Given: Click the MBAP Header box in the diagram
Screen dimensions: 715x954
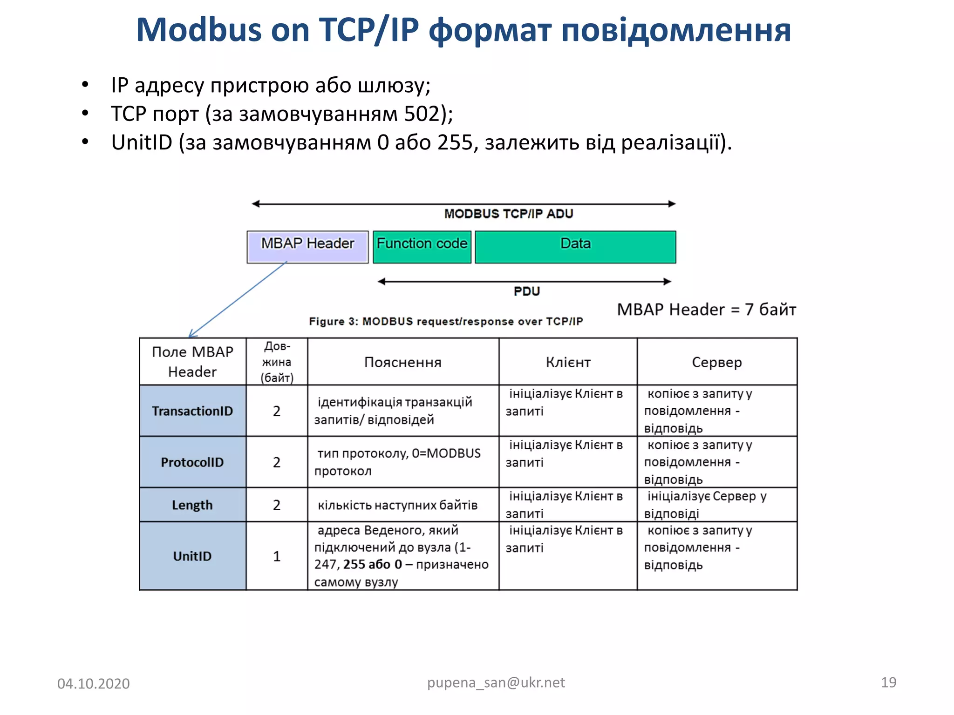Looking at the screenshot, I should pos(307,246).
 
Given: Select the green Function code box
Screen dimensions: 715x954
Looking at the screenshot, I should pos(422,246).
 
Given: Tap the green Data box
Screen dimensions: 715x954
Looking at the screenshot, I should pos(575,246).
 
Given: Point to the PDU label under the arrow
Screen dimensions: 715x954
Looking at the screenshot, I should pos(526,291).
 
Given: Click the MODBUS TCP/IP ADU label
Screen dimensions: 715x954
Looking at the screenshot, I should pos(508,214).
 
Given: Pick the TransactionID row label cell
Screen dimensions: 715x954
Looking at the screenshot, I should pos(192,411).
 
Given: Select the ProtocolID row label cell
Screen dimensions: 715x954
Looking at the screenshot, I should pos(192,462).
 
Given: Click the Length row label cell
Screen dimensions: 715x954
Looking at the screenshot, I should pos(192,505).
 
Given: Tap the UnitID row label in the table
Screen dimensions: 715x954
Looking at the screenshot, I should pos(192,556).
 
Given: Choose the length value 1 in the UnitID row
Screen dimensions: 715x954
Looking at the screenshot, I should pos(277,556).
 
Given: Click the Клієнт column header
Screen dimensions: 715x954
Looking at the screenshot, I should pos(568,362).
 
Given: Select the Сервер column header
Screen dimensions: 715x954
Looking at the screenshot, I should pos(716,362).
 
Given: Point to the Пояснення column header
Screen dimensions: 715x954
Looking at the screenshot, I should pos(403,362).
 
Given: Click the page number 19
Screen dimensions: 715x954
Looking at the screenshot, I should pos(888,682).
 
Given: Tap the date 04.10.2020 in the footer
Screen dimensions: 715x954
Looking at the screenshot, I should pos(93,683).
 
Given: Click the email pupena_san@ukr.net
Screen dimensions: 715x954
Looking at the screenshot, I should pos(496,682).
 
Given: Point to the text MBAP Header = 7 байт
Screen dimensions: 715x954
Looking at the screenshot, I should pos(706,310).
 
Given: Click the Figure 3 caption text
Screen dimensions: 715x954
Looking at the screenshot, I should pos(446,321).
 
